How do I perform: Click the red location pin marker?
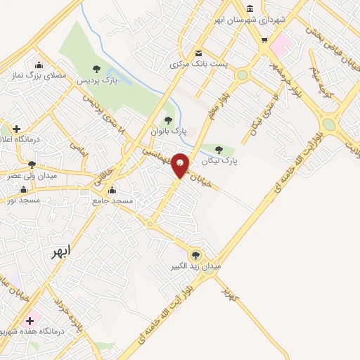(x=181, y=165)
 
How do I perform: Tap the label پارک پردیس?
(x=97, y=80)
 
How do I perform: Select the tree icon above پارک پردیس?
(x=97, y=69)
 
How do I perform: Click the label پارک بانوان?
(x=169, y=131)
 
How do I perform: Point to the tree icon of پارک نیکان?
(x=219, y=150)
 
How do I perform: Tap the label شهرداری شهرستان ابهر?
(x=251, y=19)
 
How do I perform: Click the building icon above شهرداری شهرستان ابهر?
(x=250, y=7)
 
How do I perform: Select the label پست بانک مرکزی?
(x=198, y=64)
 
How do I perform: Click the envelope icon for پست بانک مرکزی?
(x=199, y=53)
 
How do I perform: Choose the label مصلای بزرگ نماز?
(x=39, y=75)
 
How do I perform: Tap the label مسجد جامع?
(x=112, y=201)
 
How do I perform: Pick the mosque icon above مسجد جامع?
(x=112, y=191)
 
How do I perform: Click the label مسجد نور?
(x=21, y=200)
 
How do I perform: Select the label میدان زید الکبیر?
(x=196, y=267)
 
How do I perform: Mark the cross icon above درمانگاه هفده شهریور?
(x=30, y=321)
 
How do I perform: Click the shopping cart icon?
(x=264, y=40)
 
